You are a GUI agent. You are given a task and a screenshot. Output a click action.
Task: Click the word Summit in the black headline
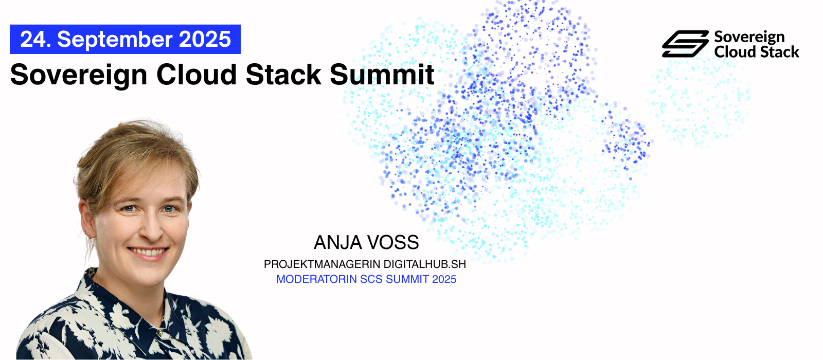click(x=382, y=75)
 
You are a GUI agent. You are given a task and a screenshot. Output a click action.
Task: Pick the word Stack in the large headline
click(x=283, y=75)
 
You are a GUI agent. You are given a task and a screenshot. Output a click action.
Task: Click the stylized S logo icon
click(x=685, y=44)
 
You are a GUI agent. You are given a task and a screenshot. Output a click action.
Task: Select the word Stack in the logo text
click(x=779, y=52)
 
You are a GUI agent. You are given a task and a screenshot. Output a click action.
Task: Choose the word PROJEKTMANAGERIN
click(x=322, y=264)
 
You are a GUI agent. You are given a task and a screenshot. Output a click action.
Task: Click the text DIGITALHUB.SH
click(x=425, y=264)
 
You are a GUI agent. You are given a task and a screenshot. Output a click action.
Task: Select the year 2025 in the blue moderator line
click(x=444, y=279)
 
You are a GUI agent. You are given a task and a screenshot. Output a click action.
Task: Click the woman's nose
click(x=151, y=229)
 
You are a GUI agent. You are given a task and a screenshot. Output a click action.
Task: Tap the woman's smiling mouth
click(x=148, y=252)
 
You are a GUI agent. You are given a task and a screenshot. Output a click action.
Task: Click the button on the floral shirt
click(x=160, y=332)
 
